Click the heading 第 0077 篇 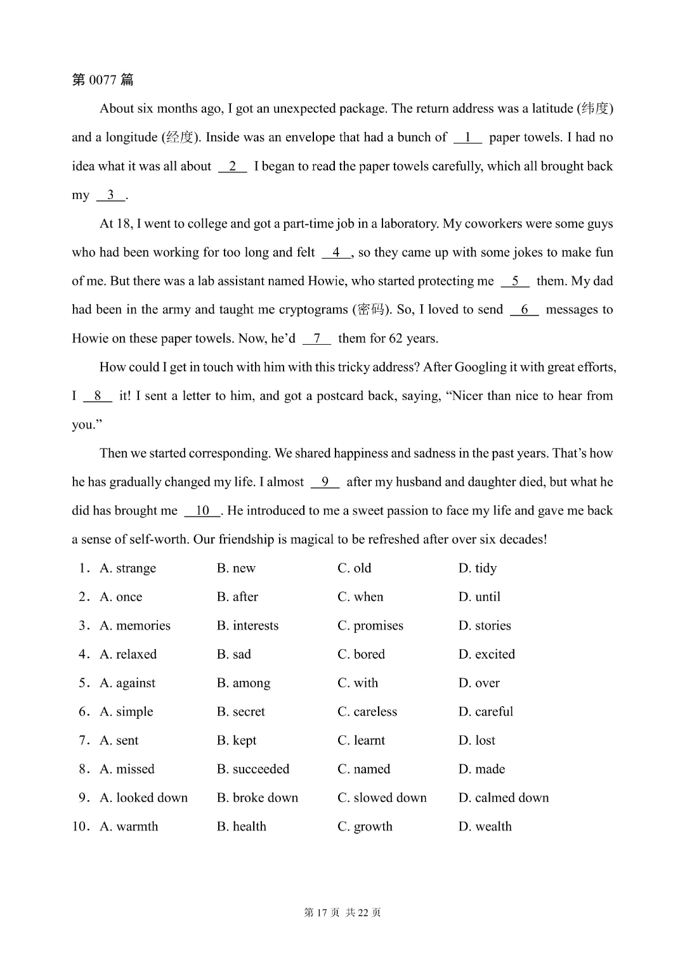click(x=103, y=80)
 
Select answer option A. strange click(x=127, y=568)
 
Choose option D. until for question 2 click(x=479, y=597)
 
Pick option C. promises click(x=370, y=626)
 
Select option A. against click(x=127, y=683)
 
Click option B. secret click(x=240, y=711)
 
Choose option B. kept click(x=237, y=740)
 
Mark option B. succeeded click(x=252, y=769)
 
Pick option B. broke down click(x=257, y=797)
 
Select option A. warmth click(x=129, y=826)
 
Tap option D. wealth click(x=485, y=826)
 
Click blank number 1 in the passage click(x=467, y=138)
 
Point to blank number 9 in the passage click(x=325, y=482)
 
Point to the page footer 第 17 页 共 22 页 click(x=342, y=912)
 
